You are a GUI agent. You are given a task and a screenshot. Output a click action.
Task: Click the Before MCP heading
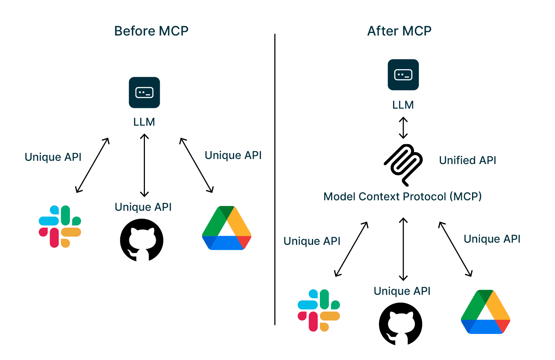tap(151, 31)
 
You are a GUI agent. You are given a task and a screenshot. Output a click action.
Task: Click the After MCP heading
tap(399, 31)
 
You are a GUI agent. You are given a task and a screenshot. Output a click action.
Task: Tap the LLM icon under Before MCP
tap(144, 92)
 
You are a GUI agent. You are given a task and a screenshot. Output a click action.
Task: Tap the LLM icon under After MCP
tap(403, 75)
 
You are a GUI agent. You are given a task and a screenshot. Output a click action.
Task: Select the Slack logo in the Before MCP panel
tap(60, 227)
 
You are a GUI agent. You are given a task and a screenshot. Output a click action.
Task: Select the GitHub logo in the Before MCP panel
tap(142, 240)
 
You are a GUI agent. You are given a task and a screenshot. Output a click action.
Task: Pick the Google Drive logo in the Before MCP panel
tap(226, 228)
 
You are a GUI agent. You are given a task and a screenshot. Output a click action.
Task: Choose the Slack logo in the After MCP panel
tap(319, 310)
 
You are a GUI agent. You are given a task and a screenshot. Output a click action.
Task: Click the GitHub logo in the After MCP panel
tap(401, 324)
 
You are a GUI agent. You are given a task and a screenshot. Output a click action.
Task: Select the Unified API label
tap(467, 160)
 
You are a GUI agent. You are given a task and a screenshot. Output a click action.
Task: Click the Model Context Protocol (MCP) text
tap(402, 197)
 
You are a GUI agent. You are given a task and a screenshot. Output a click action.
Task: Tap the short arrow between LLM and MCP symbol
tap(403, 128)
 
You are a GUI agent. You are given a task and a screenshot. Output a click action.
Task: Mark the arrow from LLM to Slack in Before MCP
tap(92, 165)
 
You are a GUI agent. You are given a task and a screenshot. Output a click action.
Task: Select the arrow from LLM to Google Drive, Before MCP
tap(196, 165)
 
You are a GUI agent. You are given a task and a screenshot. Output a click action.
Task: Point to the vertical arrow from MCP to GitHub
tap(403, 249)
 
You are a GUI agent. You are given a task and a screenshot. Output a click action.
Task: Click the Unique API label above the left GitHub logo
tap(143, 207)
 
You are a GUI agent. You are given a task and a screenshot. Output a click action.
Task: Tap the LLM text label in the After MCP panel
tap(403, 105)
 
